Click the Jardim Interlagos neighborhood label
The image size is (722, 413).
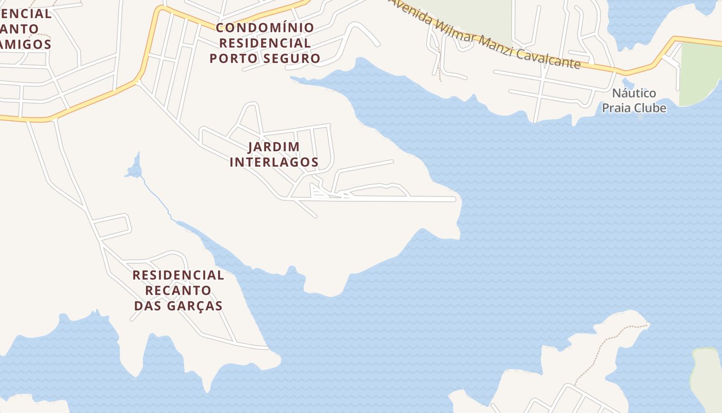click(x=274, y=154)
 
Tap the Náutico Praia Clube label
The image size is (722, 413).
click(x=634, y=101)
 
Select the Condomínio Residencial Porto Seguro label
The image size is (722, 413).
click(x=265, y=43)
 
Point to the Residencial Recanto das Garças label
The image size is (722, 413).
click(x=178, y=290)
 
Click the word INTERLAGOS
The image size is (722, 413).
click(x=274, y=162)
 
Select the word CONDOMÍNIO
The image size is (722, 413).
click(x=265, y=27)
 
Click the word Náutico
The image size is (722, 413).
click(x=634, y=93)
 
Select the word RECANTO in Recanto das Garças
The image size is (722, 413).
click(x=178, y=290)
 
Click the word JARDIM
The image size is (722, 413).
click(x=274, y=147)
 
